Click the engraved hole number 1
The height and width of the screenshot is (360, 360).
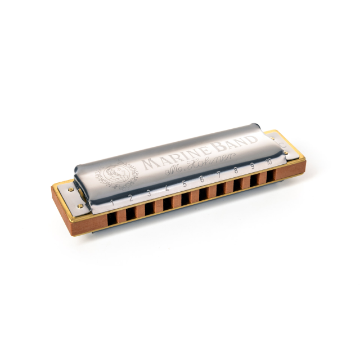(x=113, y=201)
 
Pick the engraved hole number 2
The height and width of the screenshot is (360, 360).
(x=130, y=197)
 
